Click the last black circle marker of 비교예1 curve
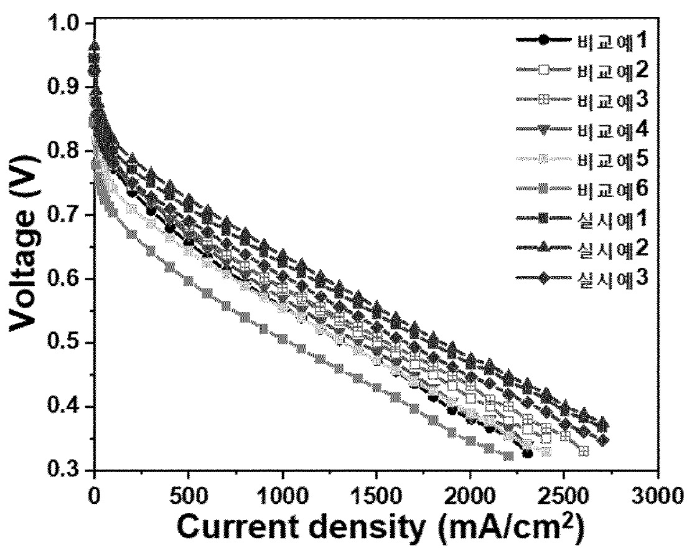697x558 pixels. [527, 453]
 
